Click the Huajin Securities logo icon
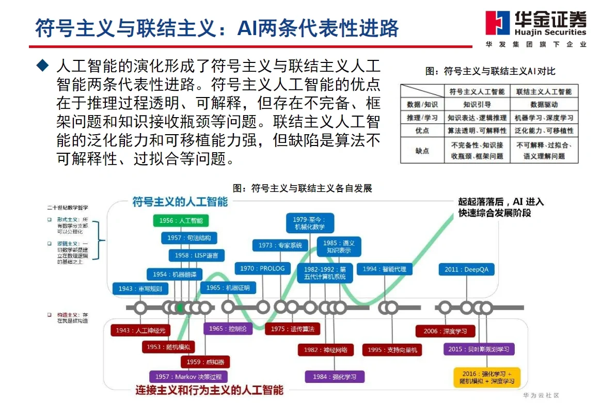coord(497,24)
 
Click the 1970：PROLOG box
coord(262,268)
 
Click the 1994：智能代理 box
coord(384,269)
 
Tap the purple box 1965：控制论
coord(228,329)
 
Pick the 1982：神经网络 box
coord(325,350)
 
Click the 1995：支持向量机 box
coord(392,350)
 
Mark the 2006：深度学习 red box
coord(445,331)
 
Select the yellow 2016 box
coord(486,377)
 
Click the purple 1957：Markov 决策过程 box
coord(188,377)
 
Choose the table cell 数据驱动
coord(544,104)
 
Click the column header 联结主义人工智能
coord(544,91)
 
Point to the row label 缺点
coord(422,150)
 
